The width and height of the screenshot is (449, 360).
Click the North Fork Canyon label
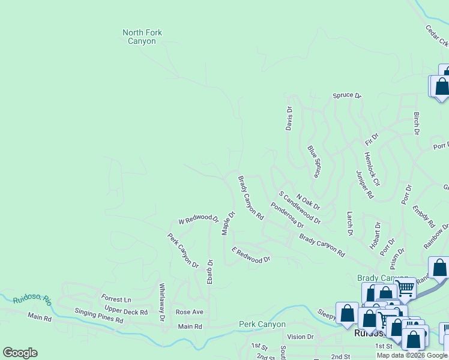tap(142, 37)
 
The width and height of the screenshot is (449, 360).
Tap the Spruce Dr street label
tap(348, 95)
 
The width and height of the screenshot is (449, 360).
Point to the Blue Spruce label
tap(313, 161)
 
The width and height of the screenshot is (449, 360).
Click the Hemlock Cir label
tap(372, 169)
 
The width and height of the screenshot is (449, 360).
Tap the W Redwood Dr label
tap(198, 218)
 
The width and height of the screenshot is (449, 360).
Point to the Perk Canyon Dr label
tap(183, 250)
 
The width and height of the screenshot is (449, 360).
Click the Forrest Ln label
tap(116, 299)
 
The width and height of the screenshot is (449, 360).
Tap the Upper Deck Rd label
tap(126, 312)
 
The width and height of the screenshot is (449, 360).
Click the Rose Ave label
tap(189, 312)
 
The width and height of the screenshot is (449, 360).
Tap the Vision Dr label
tap(300, 337)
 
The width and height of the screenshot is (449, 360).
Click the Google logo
tap(20, 353)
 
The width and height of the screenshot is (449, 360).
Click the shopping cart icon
tap(406, 288)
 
